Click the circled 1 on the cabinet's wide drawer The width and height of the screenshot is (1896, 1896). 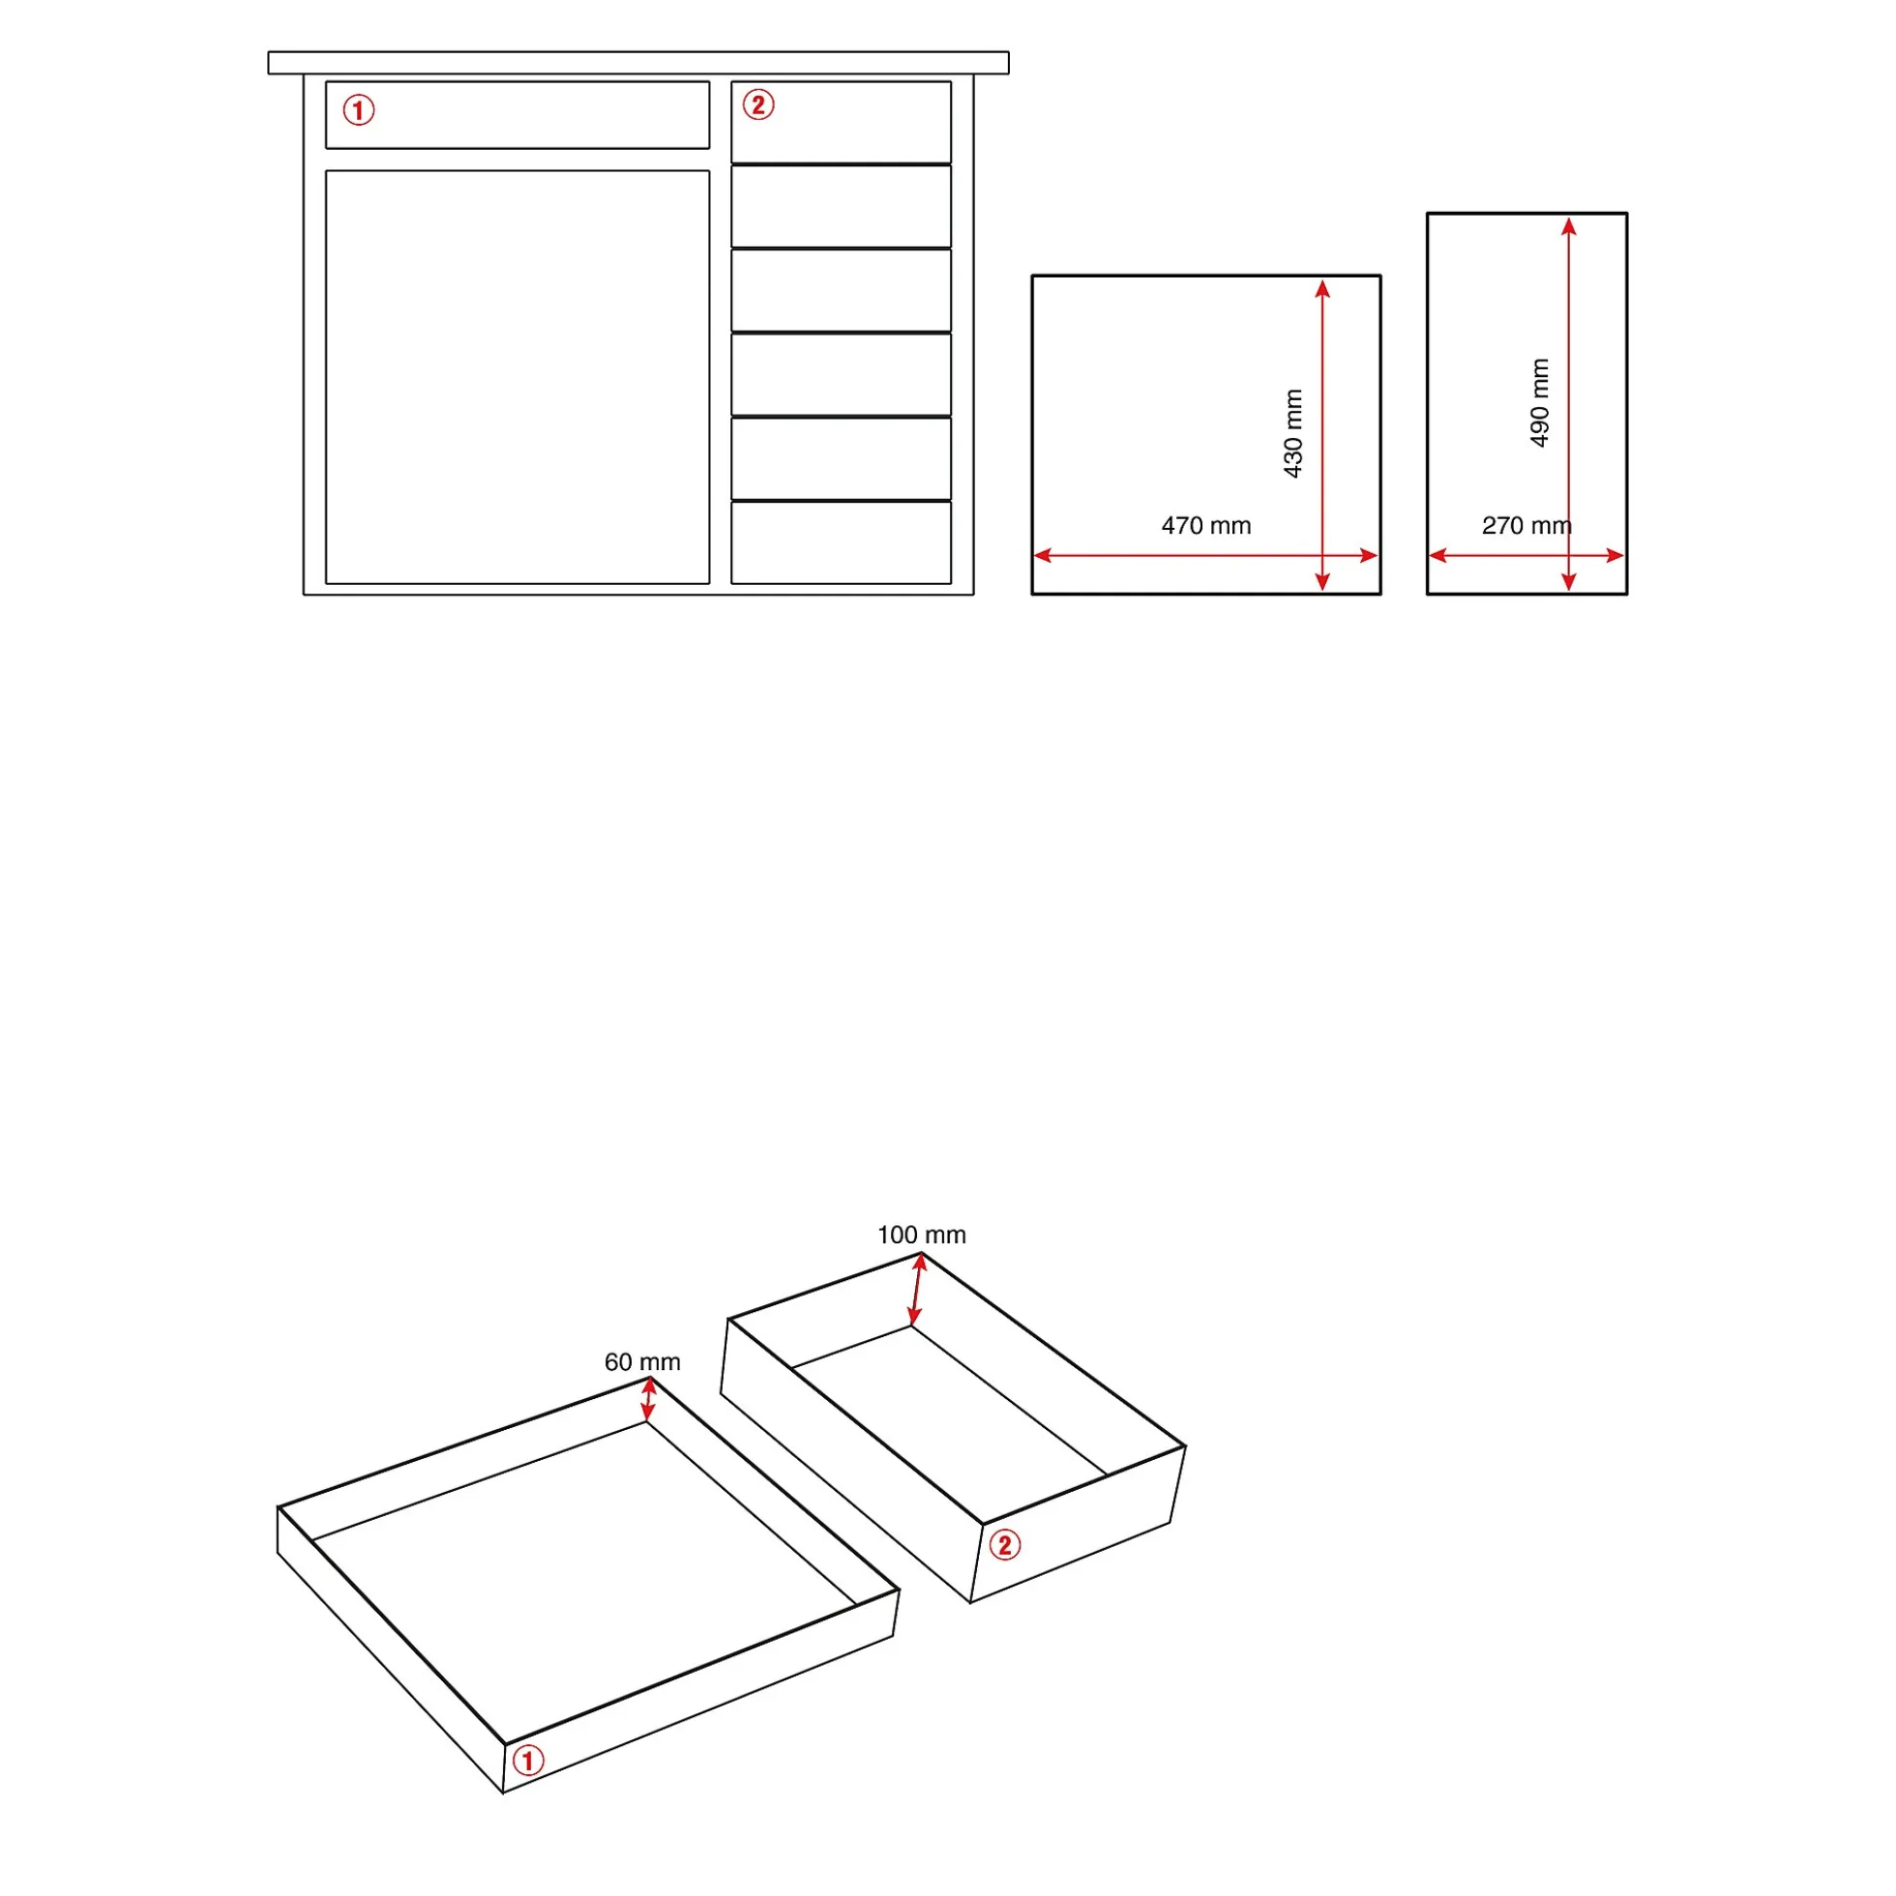tap(358, 110)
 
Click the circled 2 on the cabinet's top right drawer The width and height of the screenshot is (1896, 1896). tap(758, 105)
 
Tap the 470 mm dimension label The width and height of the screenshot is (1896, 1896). tap(1205, 526)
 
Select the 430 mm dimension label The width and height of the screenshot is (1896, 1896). tap(1293, 434)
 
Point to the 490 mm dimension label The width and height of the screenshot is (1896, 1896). tap(1540, 402)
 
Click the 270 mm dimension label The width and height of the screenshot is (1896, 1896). tap(1526, 526)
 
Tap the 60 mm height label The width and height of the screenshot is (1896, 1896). tap(642, 1362)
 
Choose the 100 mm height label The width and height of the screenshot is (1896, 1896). tap(921, 1235)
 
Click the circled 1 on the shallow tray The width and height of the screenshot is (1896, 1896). tap(528, 1761)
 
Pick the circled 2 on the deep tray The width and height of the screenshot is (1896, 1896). tap(1003, 1546)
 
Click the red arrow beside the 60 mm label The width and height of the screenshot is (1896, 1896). tap(648, 1399)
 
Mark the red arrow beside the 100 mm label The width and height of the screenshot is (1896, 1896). tap(917, 1290)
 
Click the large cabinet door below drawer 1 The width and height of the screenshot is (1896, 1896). tap(518, 378)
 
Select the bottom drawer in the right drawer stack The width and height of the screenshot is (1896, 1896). tap(842, 542)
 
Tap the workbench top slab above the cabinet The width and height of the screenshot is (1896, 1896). tap(638, 63)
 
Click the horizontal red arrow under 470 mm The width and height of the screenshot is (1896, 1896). tap(1205, 555)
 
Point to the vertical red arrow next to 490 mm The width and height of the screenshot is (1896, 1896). tap(1569, 404)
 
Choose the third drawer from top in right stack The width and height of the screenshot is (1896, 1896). tap(842, 290)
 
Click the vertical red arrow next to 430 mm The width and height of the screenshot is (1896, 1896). tap(1322, 436)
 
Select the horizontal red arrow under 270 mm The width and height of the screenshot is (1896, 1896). tap(1526, 555)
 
